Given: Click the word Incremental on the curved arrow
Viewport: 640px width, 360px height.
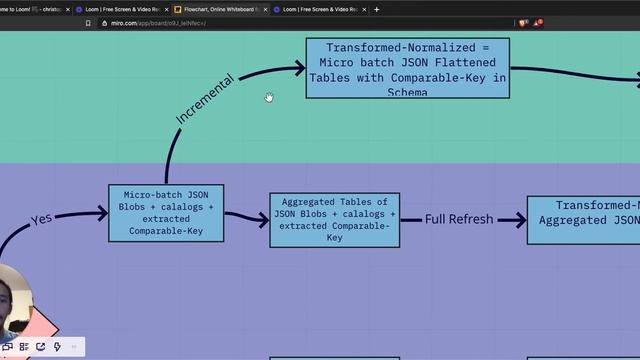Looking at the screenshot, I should click(x=205, y=99).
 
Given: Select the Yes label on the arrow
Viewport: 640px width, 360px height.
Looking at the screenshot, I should click(x=41, y=219).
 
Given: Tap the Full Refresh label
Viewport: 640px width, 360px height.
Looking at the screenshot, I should click(x=461, y=218).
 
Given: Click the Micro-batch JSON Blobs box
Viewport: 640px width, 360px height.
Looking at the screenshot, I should click(x=166, y=212).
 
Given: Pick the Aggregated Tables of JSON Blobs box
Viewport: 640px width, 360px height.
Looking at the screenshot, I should click(x=334, y=219).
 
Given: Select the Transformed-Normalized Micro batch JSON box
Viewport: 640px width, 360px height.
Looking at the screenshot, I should click(x=407, y=68).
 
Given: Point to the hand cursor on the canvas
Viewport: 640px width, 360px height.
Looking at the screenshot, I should click(x=269, y=97).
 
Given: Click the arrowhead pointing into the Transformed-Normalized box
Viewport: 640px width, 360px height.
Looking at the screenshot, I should click(x=299, y=68).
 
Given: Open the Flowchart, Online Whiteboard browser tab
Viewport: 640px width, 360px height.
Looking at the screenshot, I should click(x=218, y=9).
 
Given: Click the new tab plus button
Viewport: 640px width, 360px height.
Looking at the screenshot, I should click(x=377, y=9).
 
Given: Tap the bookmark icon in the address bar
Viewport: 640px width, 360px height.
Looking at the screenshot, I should click(x=88, y=22).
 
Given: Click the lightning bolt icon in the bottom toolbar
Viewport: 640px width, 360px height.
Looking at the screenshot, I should click(x=57, y=347).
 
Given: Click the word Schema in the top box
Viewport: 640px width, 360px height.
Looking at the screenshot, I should click(x=406, y=92).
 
